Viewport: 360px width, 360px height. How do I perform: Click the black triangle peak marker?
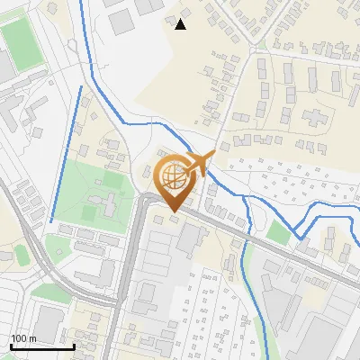click(181, 24)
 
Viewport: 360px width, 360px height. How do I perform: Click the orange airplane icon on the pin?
click(200, 164)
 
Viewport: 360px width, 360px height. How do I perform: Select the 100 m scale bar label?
click(23, 338)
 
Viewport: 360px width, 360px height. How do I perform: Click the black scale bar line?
click(41, 346)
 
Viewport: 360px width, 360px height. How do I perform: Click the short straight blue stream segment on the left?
click(65, 153)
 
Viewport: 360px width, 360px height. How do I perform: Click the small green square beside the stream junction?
click(279, 232)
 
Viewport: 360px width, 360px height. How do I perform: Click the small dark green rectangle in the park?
click(88, 214)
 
